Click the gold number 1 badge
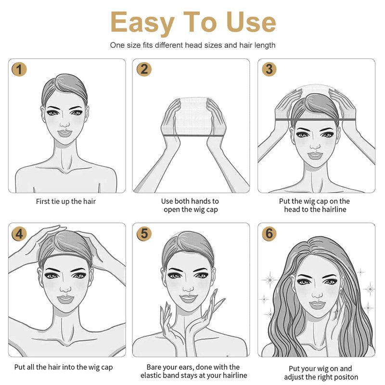coord(19,69)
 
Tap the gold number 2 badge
coord(144,69)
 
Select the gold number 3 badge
coord(269,69)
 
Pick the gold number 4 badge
coord(19,234)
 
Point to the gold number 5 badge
coord(144,233)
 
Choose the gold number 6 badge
coord(269,233)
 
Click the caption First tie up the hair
coord(66,202)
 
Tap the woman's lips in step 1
coord(64,133)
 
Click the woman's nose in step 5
coord(188,288)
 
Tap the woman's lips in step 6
coord(317,305)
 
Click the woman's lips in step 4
coord(65,299)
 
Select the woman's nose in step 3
coord(315,145)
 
